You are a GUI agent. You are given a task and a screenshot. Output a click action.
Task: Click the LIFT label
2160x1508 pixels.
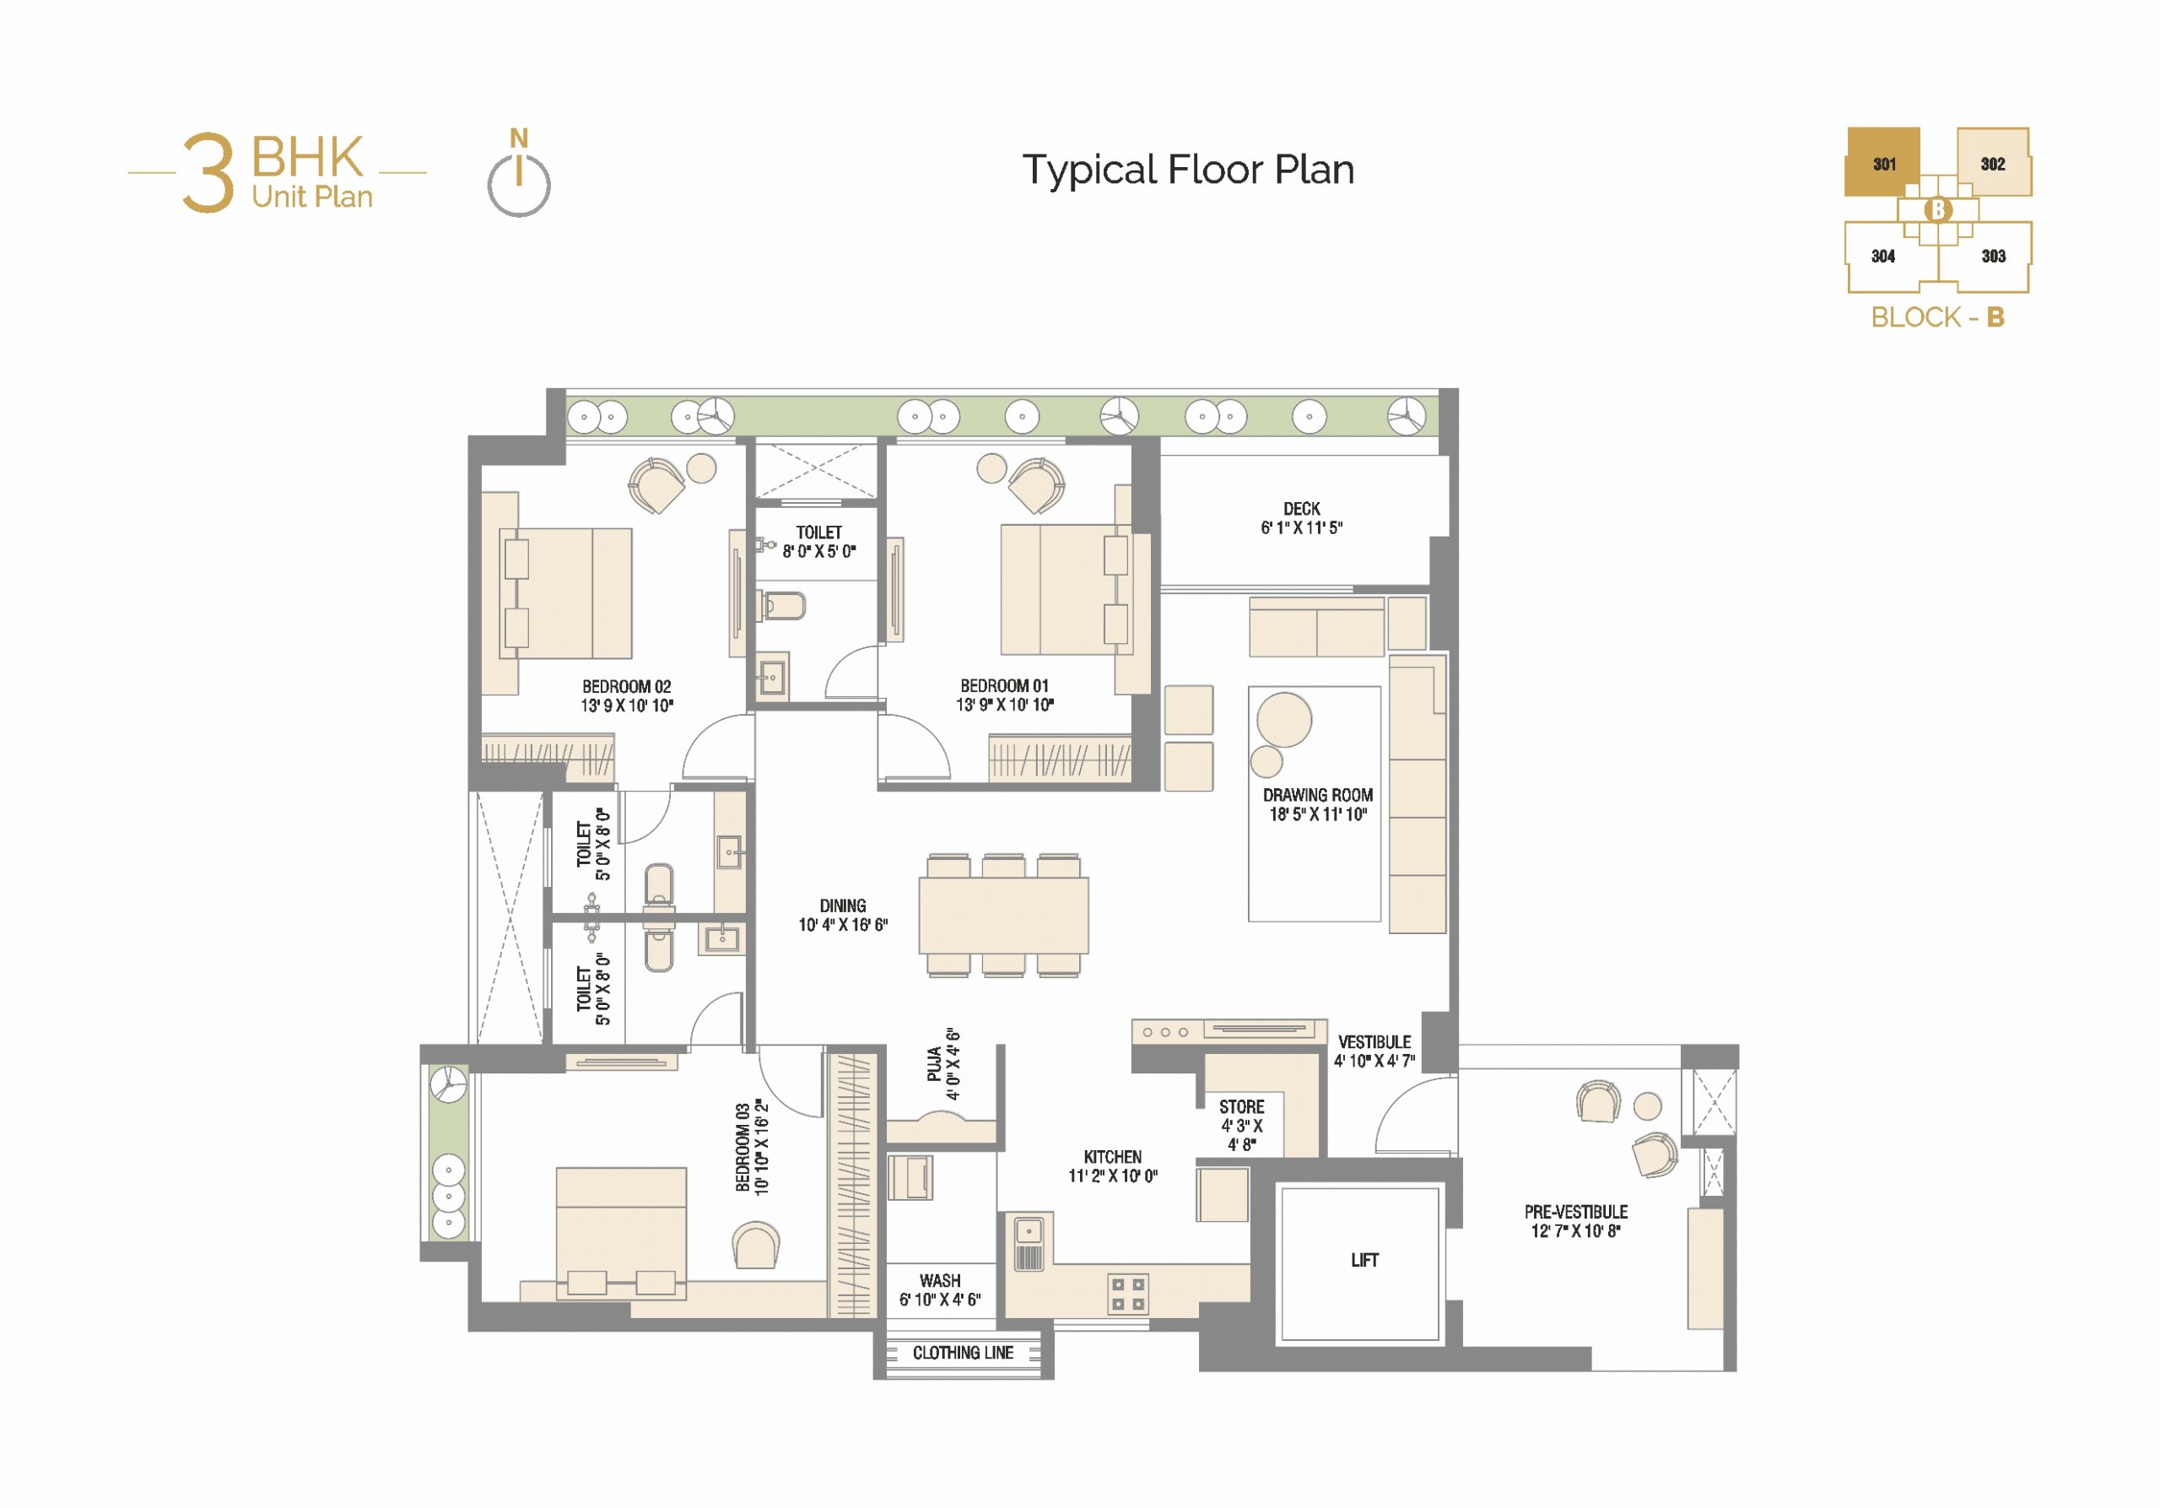(x=1364, y=1260)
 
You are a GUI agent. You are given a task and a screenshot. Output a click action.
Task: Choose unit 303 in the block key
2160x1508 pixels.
(x=1993, y=256)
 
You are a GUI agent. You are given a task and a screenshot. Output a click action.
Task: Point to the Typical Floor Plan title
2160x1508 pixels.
(x=1188, y=170)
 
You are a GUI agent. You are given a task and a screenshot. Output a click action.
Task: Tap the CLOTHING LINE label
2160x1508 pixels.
(x=963, y=1353)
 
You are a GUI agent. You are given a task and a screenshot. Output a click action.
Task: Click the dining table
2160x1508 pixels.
(x=1004, y=916)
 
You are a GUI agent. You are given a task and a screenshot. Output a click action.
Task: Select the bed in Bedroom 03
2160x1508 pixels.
(x=621, y=1233)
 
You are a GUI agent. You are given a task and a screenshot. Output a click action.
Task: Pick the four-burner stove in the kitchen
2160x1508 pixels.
(x=1128, y=1294)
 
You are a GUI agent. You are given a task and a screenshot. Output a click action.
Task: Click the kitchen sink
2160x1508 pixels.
(x=1029, y=1242)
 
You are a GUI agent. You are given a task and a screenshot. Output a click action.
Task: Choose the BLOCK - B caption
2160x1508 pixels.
(x=1938, y=317)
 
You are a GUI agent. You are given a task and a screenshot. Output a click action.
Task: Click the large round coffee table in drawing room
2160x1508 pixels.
(x=1284, y=720)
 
